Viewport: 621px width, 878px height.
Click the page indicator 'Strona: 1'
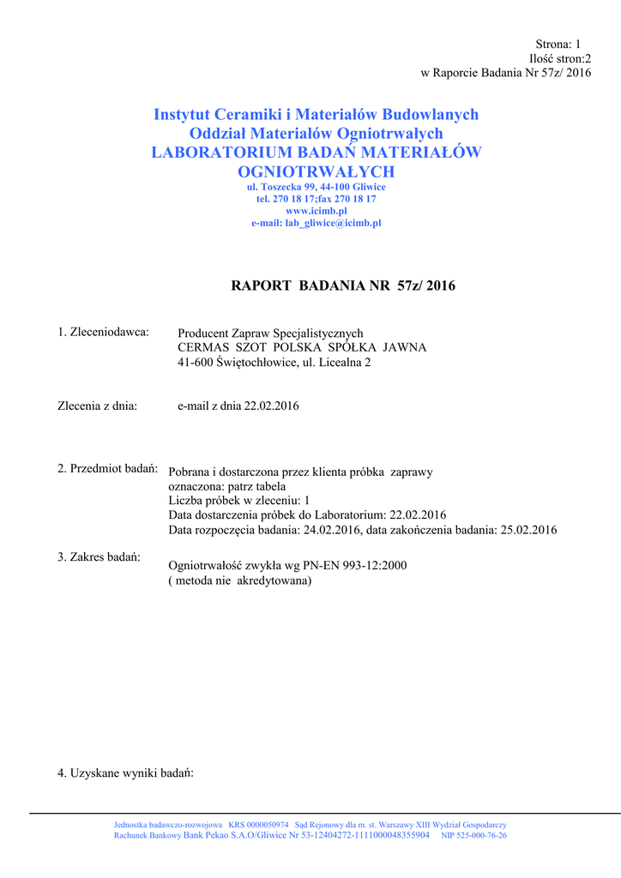click(x=558, y=44)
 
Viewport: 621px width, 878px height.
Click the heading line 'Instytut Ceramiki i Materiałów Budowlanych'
click(x=316, y=115)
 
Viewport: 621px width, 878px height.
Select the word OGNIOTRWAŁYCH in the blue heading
click(x=316, y=172)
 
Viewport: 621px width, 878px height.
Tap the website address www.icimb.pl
click(x=316, y=210)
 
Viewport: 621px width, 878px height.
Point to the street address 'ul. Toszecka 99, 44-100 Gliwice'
click(x=316, y=186)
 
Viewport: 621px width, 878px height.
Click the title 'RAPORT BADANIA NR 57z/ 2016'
click(x=343, y=286)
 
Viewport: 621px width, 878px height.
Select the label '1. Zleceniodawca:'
click(x=104, y=332)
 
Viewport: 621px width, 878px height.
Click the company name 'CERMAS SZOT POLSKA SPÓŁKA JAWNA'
click(x=301, y=347)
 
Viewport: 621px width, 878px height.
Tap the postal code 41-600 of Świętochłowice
click(x=196, y=362)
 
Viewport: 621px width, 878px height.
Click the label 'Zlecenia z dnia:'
click(x=97, y=406)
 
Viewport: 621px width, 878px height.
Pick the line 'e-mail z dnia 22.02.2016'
click(x=238, y=406)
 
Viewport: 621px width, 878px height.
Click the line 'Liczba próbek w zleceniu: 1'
click(x=238, y=501)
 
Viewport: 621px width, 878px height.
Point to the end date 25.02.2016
click(x=528, y=530)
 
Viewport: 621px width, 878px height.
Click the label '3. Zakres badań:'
click(x=99, y=556)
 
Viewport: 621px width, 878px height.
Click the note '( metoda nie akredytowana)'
click(x=240, y=580)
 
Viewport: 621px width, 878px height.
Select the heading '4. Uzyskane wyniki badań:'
click(x=126, y=773)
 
